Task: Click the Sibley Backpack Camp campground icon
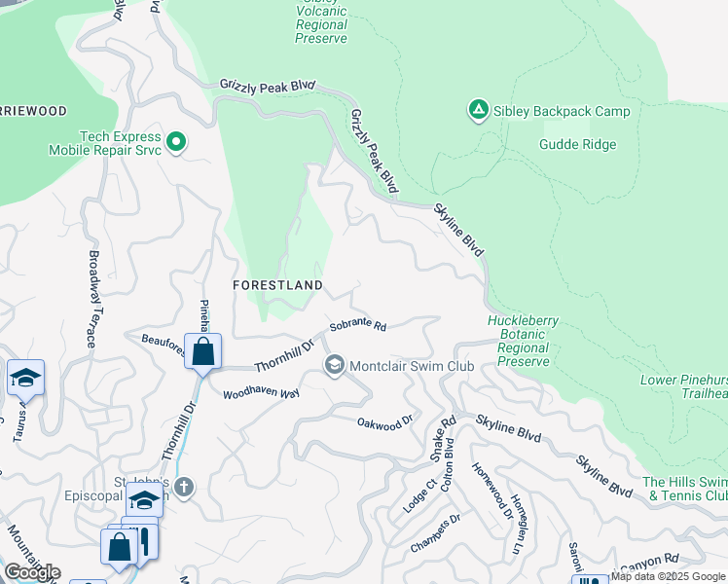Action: tap(478, 111)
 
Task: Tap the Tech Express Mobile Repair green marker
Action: tap(176, 143)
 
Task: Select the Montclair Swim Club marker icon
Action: tap(335, 366)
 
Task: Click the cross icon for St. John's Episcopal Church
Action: tap(184, 485)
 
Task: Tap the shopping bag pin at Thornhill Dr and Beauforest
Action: tap(203, 351)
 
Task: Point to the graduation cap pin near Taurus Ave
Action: tap(25, 378)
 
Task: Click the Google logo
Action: tap(32, 572)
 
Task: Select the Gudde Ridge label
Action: tap(577, 145)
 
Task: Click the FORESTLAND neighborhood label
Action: tap(277, 284)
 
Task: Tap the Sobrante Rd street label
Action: tap(358, 326)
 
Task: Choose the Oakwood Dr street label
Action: tap(385, 422)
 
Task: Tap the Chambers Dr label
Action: tap(434, 534)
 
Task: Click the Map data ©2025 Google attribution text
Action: tap(669, 576)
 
